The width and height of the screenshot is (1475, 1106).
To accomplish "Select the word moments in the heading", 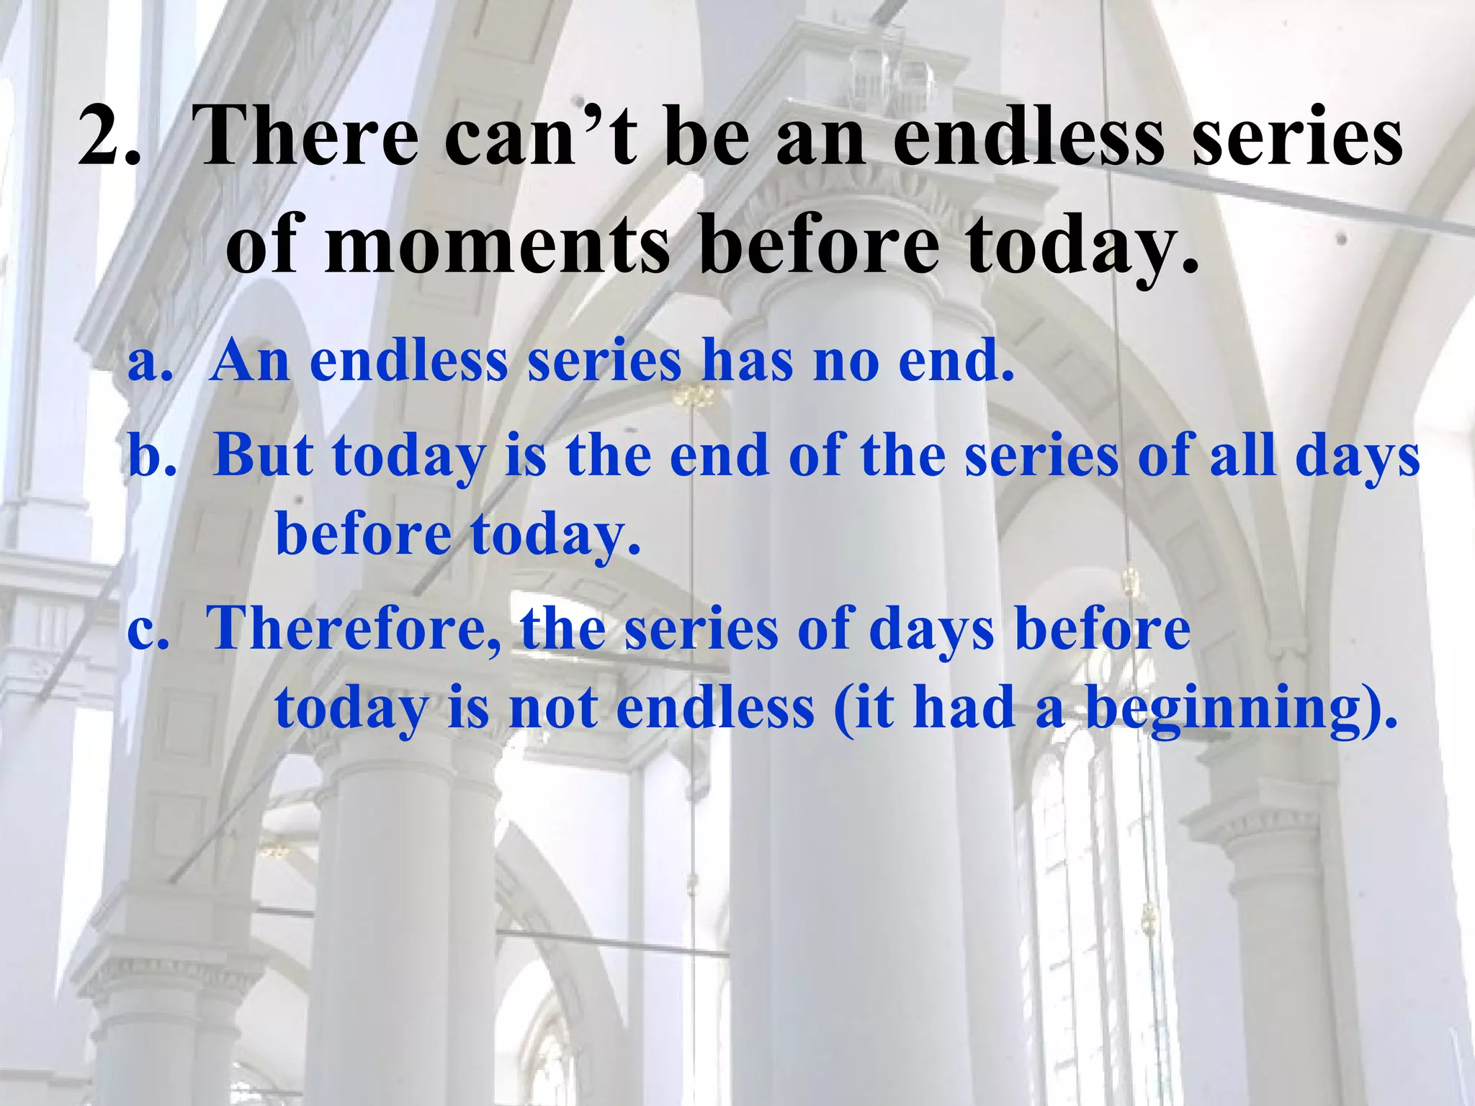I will click(497, 245).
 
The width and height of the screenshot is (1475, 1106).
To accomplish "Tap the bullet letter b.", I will click(151, 457).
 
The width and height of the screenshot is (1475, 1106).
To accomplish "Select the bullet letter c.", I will click(148, 629).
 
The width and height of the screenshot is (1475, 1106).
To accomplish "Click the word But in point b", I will click(264, 457).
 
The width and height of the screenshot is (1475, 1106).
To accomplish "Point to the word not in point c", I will click(553, 709).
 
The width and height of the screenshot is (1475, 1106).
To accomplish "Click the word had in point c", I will click(965, 709).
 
